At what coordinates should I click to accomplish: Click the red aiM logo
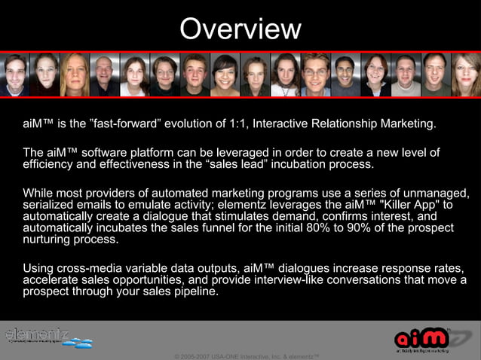coord(422,338)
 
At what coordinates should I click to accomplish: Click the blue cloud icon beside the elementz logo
coord(78,343)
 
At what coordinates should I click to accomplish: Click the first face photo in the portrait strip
coord(15,75)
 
